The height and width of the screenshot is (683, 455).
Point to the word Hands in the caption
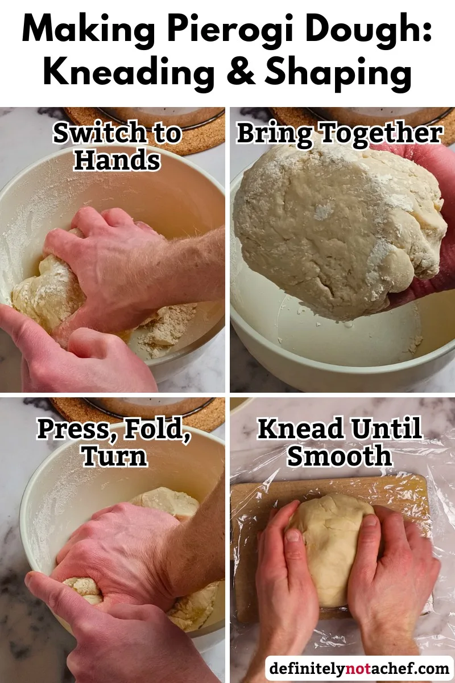pyautogui.click(x=117, y=161)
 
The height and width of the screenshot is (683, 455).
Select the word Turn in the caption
pyautogui.click(x=114, y=456)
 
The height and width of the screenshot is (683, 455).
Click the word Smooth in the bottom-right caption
pyautogui.click(x=340, y=456)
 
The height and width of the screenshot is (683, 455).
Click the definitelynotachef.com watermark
pyautogui.click(x=359, y=667)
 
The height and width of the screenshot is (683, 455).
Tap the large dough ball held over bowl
pyautogui.click(x=336, y=228)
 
